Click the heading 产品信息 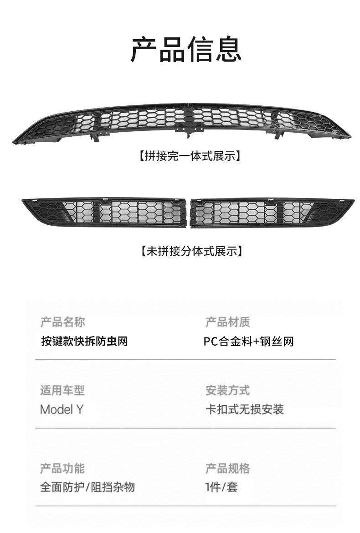(186, 50)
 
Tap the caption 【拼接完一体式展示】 (189, 156)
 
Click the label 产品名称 (62, 322)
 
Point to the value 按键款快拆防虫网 (84, 341)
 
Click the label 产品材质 (227, 322)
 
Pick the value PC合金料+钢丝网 (249, 341)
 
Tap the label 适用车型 (62, 390)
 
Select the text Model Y (62, 409)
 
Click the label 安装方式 (227, 390)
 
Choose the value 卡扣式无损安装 (244, 409)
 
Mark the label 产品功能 (62, 468)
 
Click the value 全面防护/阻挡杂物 (87, 487)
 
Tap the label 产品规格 (227, 468)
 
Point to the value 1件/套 (221, 487)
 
